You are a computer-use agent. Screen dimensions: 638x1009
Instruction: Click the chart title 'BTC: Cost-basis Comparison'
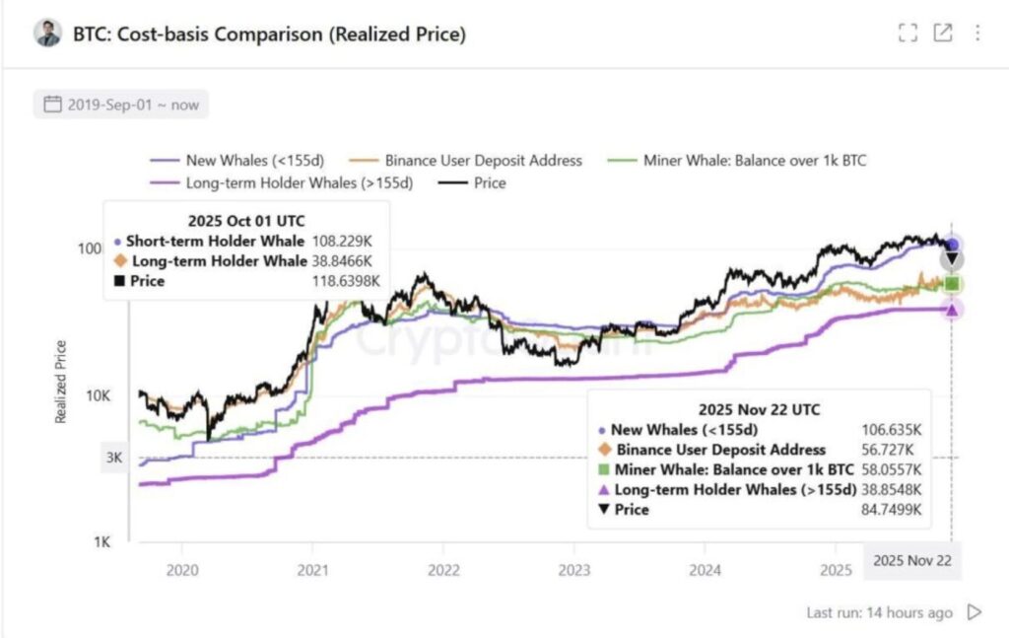269,34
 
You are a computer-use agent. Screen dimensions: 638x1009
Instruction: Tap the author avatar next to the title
47,33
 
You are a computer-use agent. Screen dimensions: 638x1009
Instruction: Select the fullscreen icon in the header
908,33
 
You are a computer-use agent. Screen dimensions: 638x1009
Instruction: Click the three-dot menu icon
977,33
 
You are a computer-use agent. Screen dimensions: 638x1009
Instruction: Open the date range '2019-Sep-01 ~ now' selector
120,104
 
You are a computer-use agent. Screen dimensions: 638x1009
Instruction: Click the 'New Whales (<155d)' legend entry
252,160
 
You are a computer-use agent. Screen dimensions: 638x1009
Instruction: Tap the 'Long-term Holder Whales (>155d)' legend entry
299,182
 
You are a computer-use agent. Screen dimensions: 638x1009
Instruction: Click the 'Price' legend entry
489,182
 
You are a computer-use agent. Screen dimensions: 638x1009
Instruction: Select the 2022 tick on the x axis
443,569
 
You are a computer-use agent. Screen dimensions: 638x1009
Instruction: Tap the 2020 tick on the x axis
182,569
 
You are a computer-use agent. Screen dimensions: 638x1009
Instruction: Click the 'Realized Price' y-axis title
61,382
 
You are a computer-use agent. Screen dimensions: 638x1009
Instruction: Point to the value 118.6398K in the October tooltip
346,281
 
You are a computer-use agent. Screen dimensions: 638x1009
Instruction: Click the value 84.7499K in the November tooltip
894,510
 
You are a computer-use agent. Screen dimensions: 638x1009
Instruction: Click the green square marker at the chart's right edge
952,284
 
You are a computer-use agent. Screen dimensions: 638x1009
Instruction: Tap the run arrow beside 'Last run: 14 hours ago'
975,612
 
